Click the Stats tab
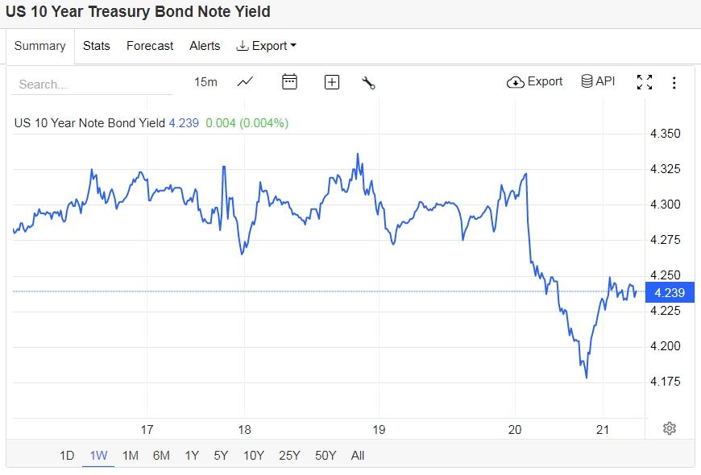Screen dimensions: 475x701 click(97, 46)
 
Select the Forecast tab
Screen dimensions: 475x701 click(150, 46)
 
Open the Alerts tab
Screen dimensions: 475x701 click(205, 46)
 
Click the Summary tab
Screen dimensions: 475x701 click(39, 46)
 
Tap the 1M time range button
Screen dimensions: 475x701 click(130, 456)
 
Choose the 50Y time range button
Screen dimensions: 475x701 click(326, 456)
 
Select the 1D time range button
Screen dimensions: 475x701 click(67, 456)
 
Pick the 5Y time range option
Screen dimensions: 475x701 click(221, 456)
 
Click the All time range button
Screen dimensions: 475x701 click(358, 456)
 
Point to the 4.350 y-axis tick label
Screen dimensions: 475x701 click(666, 134)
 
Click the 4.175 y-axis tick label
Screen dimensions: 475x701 click(666, 381)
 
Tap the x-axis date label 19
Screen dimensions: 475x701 click(380, 429)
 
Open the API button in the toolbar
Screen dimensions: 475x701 click(598, 81)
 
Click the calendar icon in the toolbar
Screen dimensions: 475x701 click(289, 81)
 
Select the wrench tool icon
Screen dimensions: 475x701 click(369, 82)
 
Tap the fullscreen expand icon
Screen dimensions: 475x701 click(645, 82)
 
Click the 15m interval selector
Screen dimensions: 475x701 click(205, 82)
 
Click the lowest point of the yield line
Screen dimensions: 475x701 click(586, 377)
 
